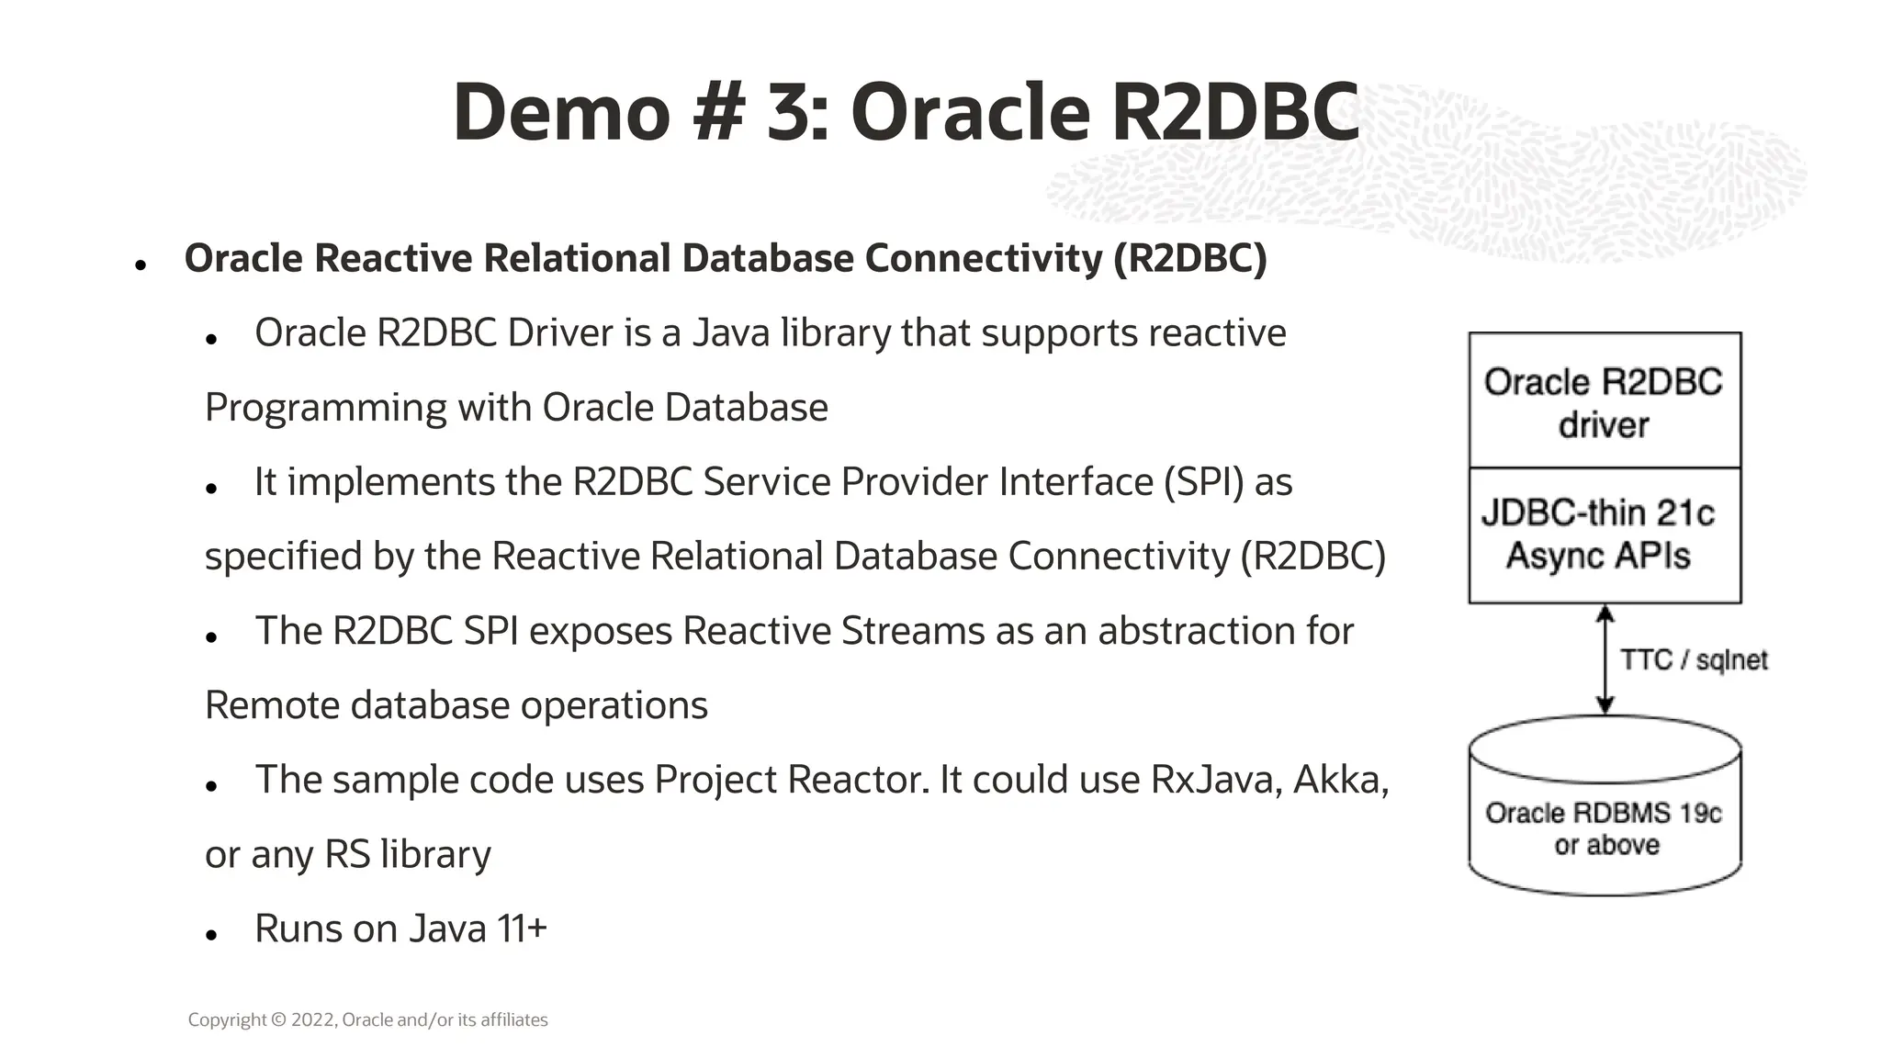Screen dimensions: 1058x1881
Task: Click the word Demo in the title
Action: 561,113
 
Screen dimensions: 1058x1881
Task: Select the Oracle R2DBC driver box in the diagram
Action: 1604,402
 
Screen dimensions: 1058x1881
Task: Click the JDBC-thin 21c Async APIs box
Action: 1604,535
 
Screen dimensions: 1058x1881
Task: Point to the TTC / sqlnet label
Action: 1693,660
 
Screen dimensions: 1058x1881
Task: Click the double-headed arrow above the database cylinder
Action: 1605,658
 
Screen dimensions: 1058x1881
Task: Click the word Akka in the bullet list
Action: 1340,780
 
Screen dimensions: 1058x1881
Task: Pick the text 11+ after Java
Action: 522,929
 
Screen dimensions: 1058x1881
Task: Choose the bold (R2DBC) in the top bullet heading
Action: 1189,258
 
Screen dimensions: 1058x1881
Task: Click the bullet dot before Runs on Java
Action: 211,935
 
